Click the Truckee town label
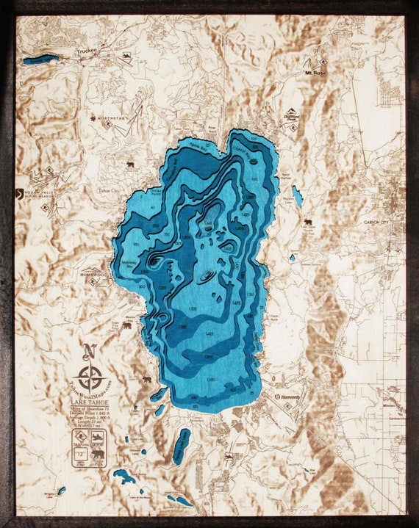click(87, 52)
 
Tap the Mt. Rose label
click(316, 73)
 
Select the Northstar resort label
click(112, 117)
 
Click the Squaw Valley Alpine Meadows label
click(36, 195)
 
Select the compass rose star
click(90, 378)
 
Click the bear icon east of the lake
click(308, 222)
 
